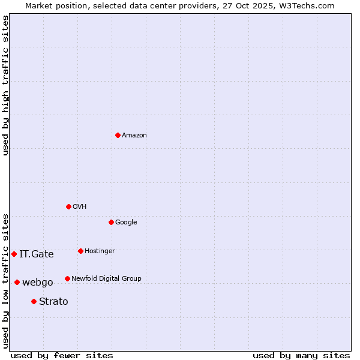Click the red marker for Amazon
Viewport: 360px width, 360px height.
point(118,135)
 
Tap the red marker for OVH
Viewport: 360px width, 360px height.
point(68,206)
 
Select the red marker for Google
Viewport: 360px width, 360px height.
point(111,222)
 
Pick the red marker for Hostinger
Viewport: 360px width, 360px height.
point(80,251)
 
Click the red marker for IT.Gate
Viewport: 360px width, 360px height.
point(14,254)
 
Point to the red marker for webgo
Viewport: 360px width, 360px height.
point(17,282)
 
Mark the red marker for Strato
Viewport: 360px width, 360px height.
point(34,301)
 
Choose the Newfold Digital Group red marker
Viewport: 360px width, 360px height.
point(67,278)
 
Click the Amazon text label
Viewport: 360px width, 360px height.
point(134,136)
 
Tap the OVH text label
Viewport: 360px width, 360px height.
point(80,207)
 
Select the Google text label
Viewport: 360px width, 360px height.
point(126,223)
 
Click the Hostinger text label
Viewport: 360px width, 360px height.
point(100,251)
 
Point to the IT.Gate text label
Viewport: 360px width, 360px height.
point(37,254)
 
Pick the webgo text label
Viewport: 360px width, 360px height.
point(38,283)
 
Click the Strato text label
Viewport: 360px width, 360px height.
point(53,302)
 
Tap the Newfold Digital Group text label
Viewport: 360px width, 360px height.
point(106,279)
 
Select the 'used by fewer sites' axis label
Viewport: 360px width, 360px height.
point(62,355)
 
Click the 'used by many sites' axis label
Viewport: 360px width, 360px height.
point(301,355)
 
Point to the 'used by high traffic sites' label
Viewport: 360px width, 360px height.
point(5,85)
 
